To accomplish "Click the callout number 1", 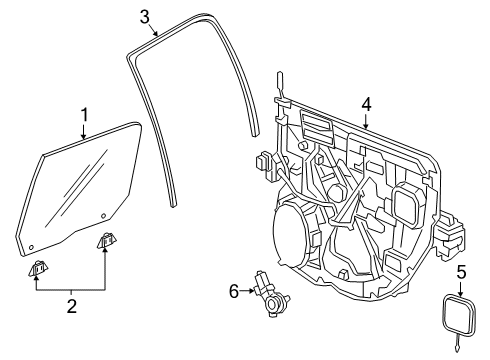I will coord(85,115).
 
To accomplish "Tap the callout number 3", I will coord(145,15).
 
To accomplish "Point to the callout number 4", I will coord(366,103).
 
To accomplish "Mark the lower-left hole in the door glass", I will coord(32,244).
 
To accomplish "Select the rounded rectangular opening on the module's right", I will coord(410,205).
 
